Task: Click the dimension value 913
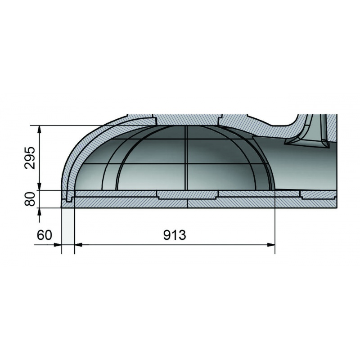pyautogui.click(x=175, y=235)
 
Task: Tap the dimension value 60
pyautogui.click(x=45, y=235)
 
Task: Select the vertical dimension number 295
pyautogui.click(x=30, y=158)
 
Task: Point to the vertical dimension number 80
pyautogui.click(x=30, y=199)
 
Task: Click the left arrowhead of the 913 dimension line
pyautogui.click(x=78, y=245)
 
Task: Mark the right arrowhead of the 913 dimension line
pyautogui.click(x=271, y=245)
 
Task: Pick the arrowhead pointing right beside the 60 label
pyautogui.click(x=58, y=245)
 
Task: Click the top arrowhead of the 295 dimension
pyautogui.click(x=39, y=129)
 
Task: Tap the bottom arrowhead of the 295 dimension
pyautogui.click(x=39, y=186)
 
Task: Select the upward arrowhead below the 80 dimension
pyautogui.click(x=39, y=212)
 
